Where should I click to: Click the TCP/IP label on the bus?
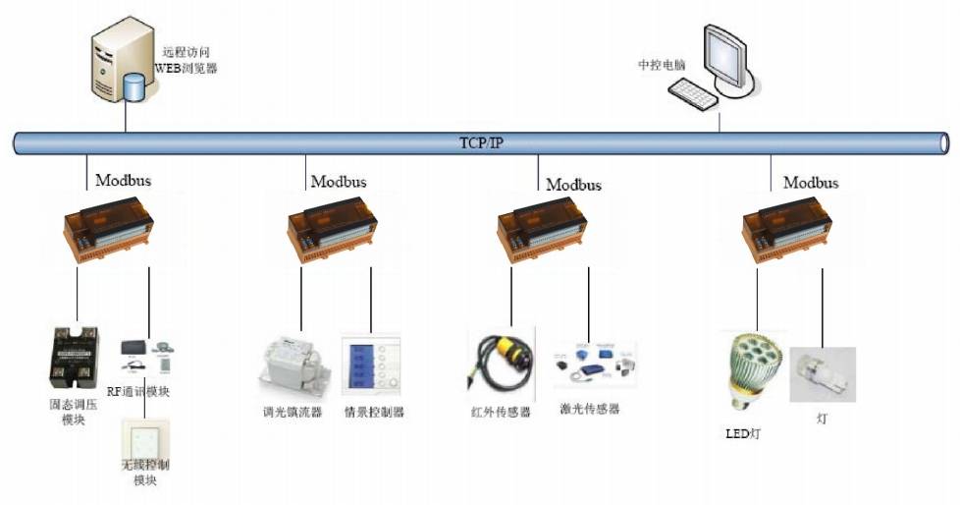(481, 143)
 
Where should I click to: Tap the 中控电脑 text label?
(662, 65)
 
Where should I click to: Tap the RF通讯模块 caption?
(145, 392)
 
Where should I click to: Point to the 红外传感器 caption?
(501, 413)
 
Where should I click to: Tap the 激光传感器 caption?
(589, 409)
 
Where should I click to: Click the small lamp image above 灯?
(823, 373)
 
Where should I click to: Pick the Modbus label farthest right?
(811, 184)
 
